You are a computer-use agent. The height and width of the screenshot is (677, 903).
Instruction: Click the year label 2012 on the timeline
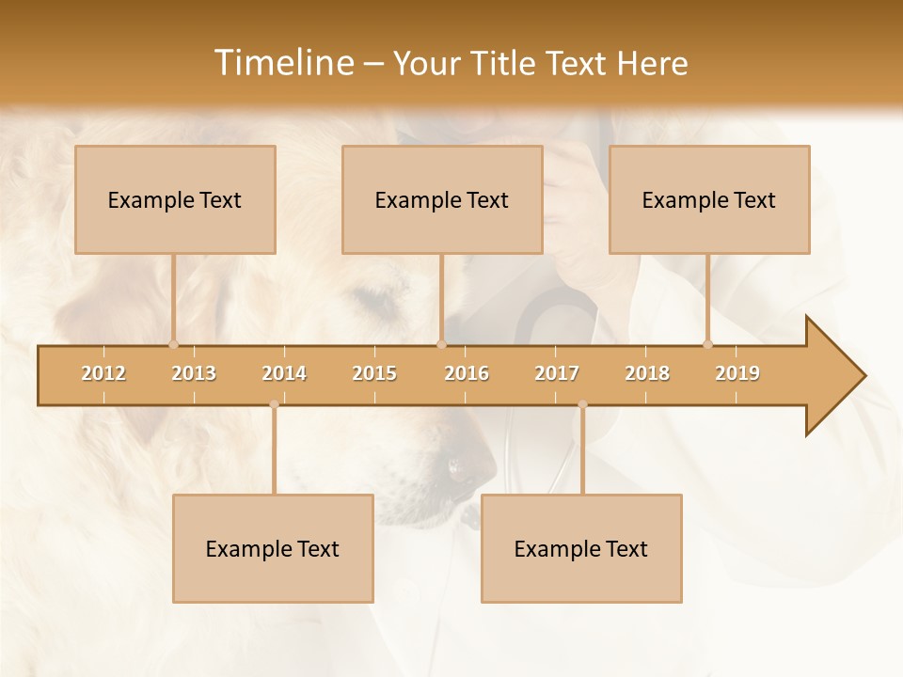(103, 373)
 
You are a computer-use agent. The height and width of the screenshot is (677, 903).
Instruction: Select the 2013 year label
(194, 373)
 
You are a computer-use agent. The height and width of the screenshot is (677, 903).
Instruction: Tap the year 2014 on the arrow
(284, 373)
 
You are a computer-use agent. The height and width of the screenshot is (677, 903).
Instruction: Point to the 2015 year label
(374, 373)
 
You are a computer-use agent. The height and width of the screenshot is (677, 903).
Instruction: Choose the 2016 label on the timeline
(467, 373)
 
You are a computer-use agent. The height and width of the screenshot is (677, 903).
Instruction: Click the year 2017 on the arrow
(557, 373)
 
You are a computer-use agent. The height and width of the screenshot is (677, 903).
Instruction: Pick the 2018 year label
(647, 373)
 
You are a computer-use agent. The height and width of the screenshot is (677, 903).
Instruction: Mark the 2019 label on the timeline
(737, 373)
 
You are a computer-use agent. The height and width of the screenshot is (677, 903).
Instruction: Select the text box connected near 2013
(175, 199)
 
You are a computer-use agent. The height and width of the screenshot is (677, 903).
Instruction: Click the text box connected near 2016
(442, 199)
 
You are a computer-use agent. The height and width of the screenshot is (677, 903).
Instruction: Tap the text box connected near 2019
(709, 199)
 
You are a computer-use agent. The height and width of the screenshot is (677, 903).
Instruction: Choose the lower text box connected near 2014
(273, 548)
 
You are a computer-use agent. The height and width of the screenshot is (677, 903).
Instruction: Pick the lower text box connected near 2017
(581, 548)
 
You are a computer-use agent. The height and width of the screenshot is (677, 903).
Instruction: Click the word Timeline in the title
(282, 63)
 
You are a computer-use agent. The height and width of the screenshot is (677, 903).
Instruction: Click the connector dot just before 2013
(173, 343)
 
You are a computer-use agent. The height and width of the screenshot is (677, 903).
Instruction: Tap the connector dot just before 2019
(707, 343)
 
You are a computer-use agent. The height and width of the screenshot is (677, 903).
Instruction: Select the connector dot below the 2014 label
(274, 404)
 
